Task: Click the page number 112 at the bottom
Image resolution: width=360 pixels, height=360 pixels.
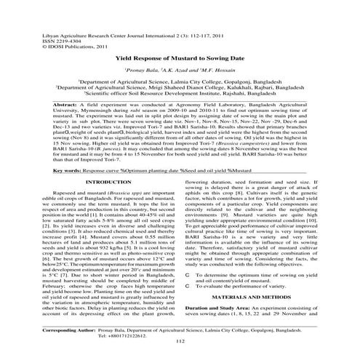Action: click(180, 341)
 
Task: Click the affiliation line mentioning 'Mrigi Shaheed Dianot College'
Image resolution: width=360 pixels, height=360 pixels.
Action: click(179, 90)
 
